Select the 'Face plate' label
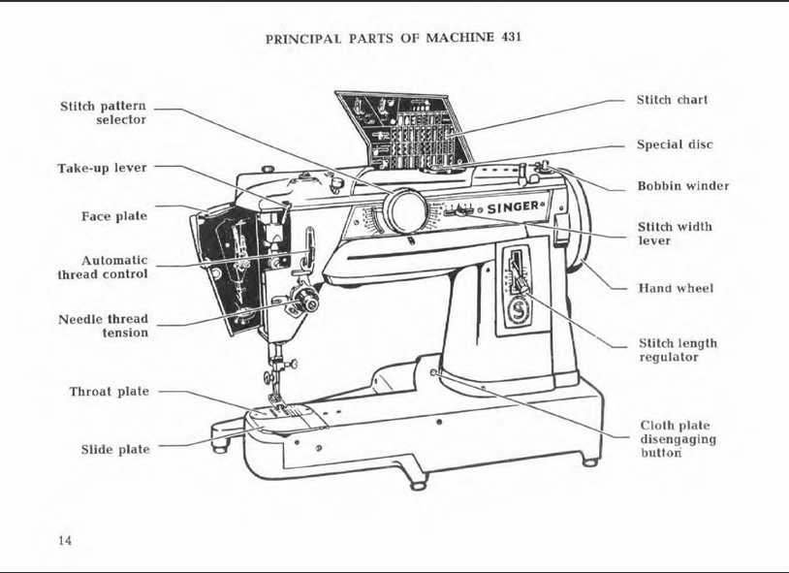coord(114,216)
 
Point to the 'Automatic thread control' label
coord(103,268)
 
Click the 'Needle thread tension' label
coord(103,326)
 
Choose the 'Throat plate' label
coord(109,392)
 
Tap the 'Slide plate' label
coord(114,450)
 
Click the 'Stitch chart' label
coord(672,100)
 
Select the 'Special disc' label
coord(675,144)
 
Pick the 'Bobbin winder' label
coord(682,186)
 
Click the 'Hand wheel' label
coord(675,288)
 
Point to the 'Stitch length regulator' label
coord(678,350)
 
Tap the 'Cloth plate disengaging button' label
coord(675,438)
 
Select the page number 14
coord(64,540)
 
